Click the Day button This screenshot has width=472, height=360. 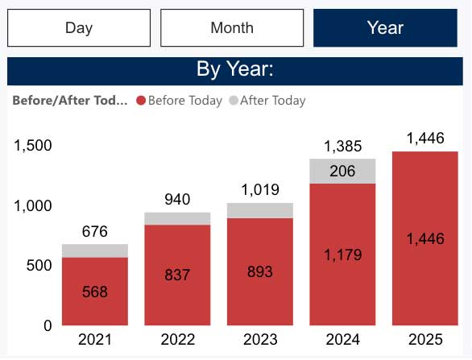[79, 28]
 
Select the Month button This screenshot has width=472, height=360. [232, 28]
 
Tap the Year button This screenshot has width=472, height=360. [385, 28]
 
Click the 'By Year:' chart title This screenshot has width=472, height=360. [235, 70]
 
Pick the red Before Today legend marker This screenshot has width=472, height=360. [142, 101]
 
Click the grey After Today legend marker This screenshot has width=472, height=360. [234, 101]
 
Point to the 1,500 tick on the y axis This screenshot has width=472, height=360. [32, 146]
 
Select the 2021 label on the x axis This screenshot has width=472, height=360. [94, 340]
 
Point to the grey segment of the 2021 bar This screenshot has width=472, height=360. [94, 250]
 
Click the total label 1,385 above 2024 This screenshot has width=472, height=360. [343, 147]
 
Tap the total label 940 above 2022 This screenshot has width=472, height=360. [178, 200]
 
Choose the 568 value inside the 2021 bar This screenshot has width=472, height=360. [94, 292]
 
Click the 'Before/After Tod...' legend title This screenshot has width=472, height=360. [70, 101]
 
